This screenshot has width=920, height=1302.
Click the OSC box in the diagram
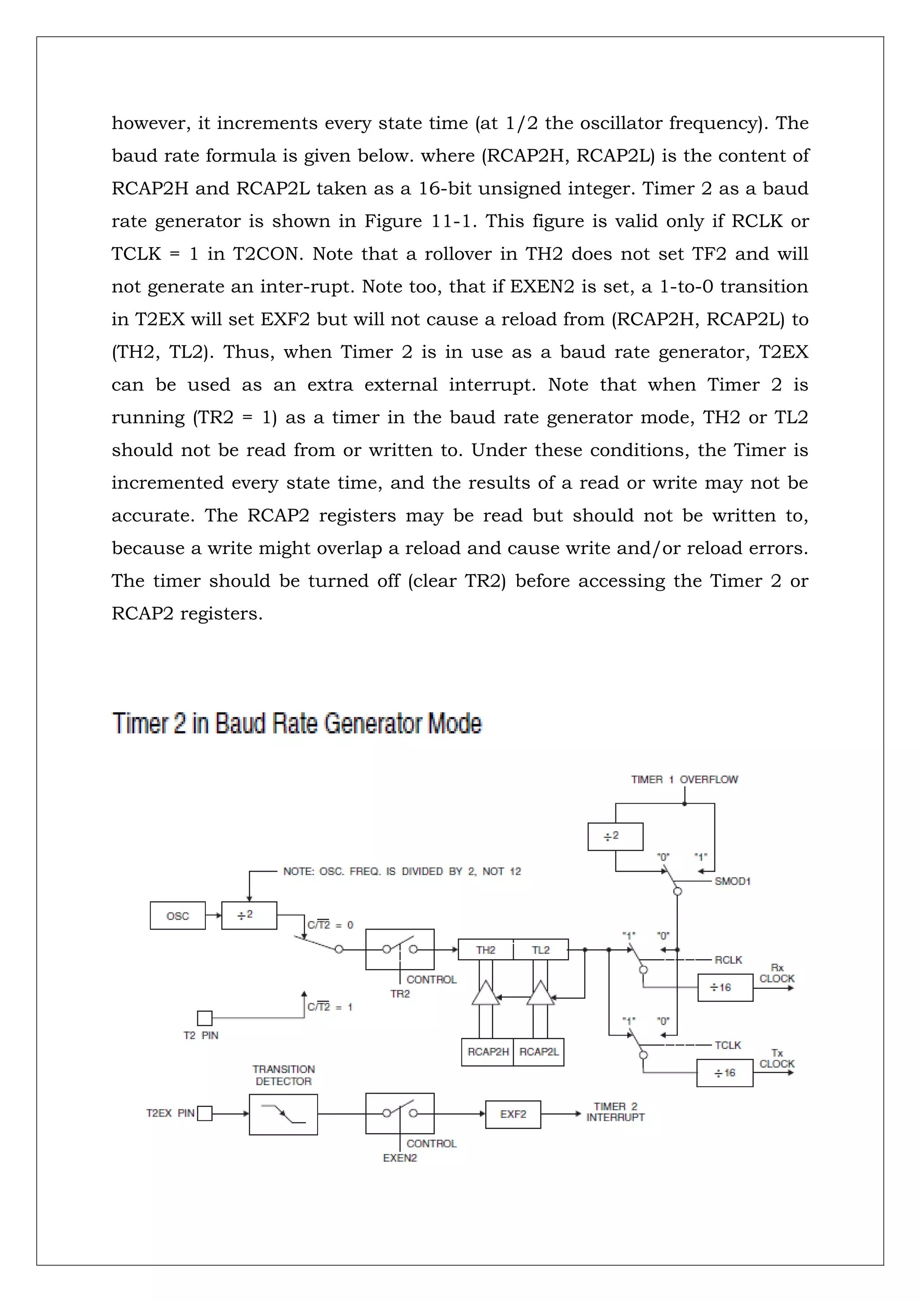click(177, 916)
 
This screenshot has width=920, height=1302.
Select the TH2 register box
click(485, 950)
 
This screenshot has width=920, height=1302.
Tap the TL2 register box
click(540, 950)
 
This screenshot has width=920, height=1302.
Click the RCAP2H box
click(487, 1052)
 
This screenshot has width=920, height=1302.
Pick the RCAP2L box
click(539, 1052)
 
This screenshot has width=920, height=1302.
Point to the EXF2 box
click(513, 1114)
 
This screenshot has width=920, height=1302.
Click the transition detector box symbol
click(283, 1114)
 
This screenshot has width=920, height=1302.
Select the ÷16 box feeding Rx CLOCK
click(725, 987)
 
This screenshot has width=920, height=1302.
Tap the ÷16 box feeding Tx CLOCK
click(725, 1073)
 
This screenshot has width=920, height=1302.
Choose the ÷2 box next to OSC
click(249, 915)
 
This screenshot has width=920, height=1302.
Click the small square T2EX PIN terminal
click(205, 1114)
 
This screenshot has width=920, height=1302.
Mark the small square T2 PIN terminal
click(205, 1018)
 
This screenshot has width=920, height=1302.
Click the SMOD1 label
click(732, 881)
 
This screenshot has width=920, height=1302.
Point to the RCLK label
click(728, 960)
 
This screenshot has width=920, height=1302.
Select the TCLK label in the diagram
click(728, 1045)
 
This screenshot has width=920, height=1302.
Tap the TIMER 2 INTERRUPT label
click(615, 1112)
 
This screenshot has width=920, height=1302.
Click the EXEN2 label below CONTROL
click(400, 1158)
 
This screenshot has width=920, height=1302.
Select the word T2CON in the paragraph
click(266, 254)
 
